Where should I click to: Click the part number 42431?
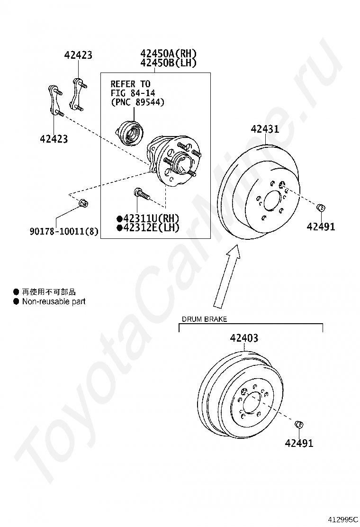tap(265, 129)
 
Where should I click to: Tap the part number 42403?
tap(244, 338)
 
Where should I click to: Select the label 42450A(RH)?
tap(168, 53)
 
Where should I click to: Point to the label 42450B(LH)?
tap(168, 63)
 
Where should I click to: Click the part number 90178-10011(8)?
tap(64, 231)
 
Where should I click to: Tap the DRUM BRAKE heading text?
tap(204, 319)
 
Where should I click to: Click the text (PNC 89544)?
tap(138, 102)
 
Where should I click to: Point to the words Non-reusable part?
tap(54, 301)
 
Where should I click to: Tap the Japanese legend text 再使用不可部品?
tap(49, 292)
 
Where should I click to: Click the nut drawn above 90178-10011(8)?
tap(83, 203)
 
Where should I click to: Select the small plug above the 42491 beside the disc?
tap(321, 208)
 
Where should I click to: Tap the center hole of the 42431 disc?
tap(273, 202)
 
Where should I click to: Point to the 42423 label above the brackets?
tap(78, 55)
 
